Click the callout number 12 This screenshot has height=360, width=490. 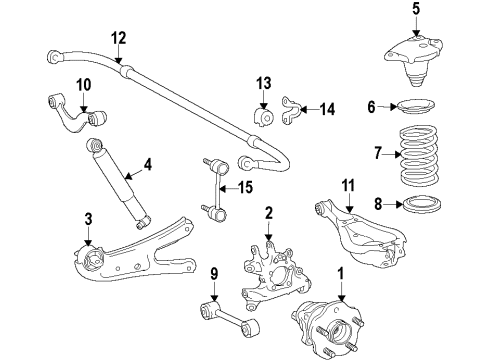pos(119,38)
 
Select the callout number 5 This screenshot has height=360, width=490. pos(387,11)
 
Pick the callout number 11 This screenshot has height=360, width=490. pos(348,183)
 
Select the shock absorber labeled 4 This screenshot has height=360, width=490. pos(119,185)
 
